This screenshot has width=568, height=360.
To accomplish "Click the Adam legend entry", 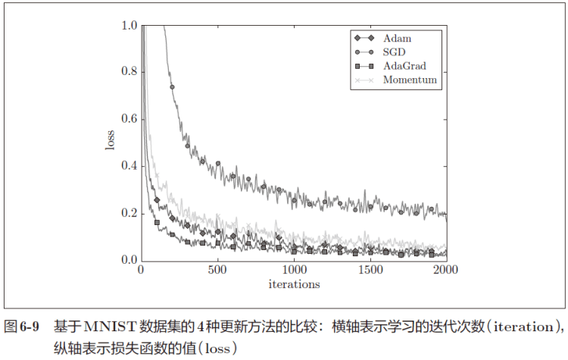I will pos(397,37).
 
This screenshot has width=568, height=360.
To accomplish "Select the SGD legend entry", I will pos(394,52).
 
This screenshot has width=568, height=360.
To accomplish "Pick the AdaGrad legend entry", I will pos(404,66).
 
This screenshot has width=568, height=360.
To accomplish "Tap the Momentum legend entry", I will pos(409,80).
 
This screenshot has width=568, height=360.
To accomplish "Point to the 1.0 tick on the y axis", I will pos(129,26).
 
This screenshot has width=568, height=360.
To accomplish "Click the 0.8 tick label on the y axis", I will pos(129,73).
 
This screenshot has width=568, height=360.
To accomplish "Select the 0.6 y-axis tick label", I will pos(129,120).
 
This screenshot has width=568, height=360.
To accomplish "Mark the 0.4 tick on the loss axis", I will pos(129,167).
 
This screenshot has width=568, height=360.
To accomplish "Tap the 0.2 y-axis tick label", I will pos(129,214).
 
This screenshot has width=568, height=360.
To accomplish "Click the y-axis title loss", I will pos(111,143).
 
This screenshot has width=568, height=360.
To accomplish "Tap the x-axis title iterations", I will pos(294,284).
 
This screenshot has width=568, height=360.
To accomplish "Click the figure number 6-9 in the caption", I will pos(30,327).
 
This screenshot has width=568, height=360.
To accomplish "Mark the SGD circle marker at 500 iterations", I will pos(218,163).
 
